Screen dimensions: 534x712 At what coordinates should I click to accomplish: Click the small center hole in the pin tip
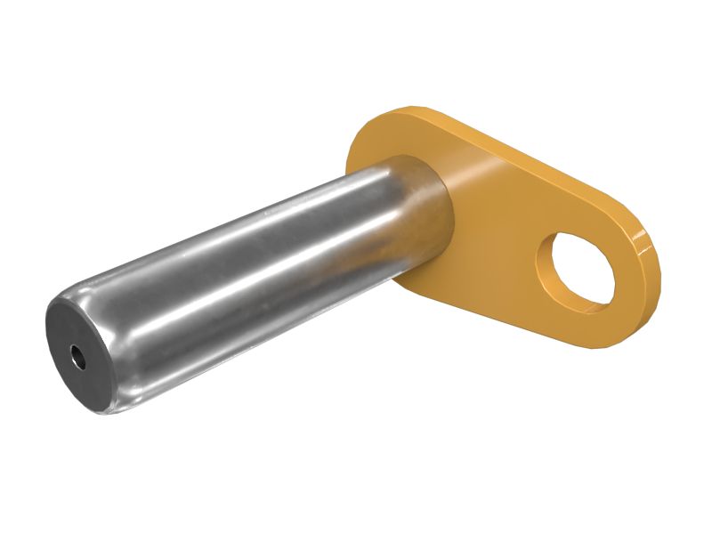pyautogui.click(x=78, y=359)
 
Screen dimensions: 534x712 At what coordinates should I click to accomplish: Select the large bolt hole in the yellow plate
pyautogui.click(x=583, y=265)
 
